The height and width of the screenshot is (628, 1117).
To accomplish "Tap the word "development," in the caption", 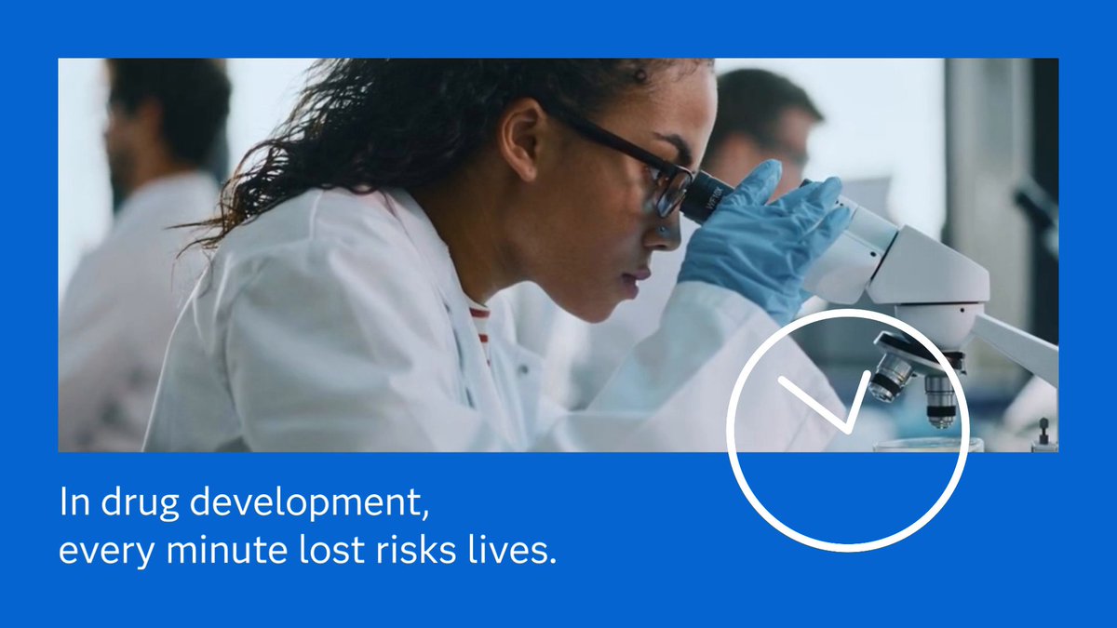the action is tap(309, 503).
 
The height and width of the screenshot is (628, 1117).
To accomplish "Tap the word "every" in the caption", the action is tap(107, 553).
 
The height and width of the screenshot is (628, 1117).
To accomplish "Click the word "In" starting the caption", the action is tap(74, 501).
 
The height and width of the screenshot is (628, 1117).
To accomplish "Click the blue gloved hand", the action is tap(762, 238).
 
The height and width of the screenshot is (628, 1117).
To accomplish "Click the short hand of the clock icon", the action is tap(858, 401).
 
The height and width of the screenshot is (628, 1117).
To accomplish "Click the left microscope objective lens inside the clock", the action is tap(891, 378).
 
